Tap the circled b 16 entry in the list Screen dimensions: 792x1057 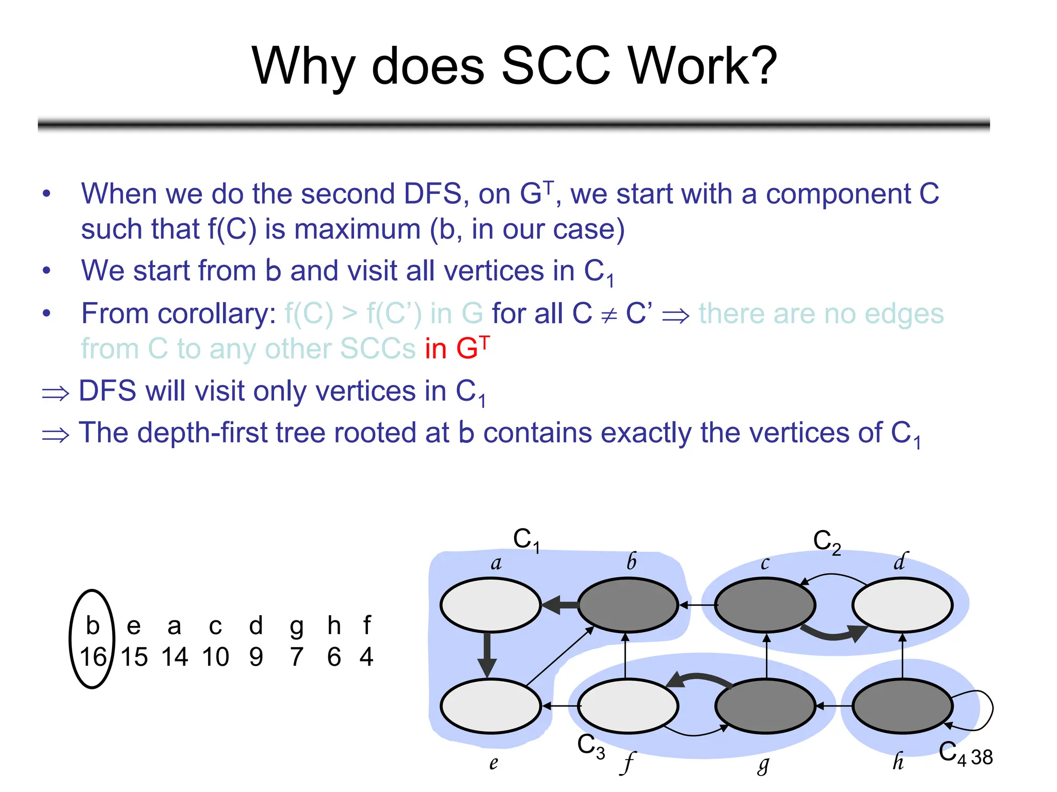pyautogui.click(x=92, y=639)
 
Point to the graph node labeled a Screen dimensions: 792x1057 pyautogui.click(x=490, y=605)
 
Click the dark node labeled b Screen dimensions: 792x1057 pyautogui.click(x=628, y=605)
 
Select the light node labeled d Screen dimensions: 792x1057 pyautogui.click(x=902, y=605)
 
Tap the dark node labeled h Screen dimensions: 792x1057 pyautogui.click(x=902, y=706)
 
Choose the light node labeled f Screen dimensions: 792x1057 pyautogui.click(x=628, y=706)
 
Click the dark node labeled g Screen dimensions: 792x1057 pyautogui.click(x=765, y=706)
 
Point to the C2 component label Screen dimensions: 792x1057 pyautogui.click(x=827, y=542)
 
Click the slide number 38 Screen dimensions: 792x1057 pyautogui.click(x=982, y=757)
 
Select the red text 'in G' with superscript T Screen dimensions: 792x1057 pyautogui.click(x=457, y=348)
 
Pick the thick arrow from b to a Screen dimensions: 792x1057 pyautogui.click(x=560, y=605)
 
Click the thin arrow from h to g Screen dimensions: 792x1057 pyautogui.click(x=834, y=706)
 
